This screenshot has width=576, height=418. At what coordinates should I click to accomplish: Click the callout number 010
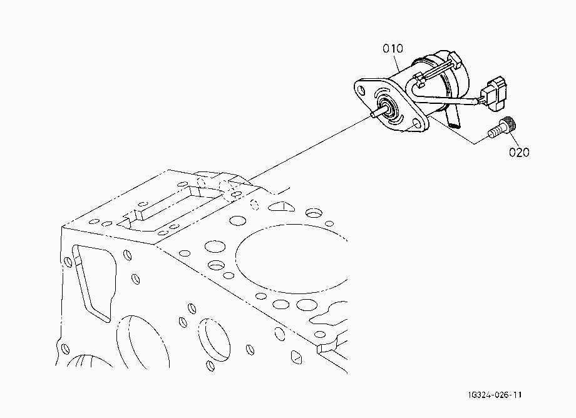(393, 48)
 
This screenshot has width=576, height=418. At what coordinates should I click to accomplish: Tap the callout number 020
(519, 152)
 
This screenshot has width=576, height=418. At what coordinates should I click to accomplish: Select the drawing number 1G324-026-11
(495, 395)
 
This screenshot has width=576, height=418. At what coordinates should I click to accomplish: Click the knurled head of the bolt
(509, 123)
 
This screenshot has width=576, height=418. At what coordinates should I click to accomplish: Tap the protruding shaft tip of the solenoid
(374, 115)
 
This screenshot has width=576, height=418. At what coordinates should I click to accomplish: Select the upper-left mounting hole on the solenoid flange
(362, 89)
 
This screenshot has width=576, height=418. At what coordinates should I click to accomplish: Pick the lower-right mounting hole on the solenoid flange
(416, 123)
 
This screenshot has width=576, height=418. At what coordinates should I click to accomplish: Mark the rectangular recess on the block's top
(167, 208)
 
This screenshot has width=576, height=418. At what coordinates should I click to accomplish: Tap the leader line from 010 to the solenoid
(398, 63)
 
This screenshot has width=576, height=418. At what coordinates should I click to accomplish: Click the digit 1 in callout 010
(393, 48)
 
